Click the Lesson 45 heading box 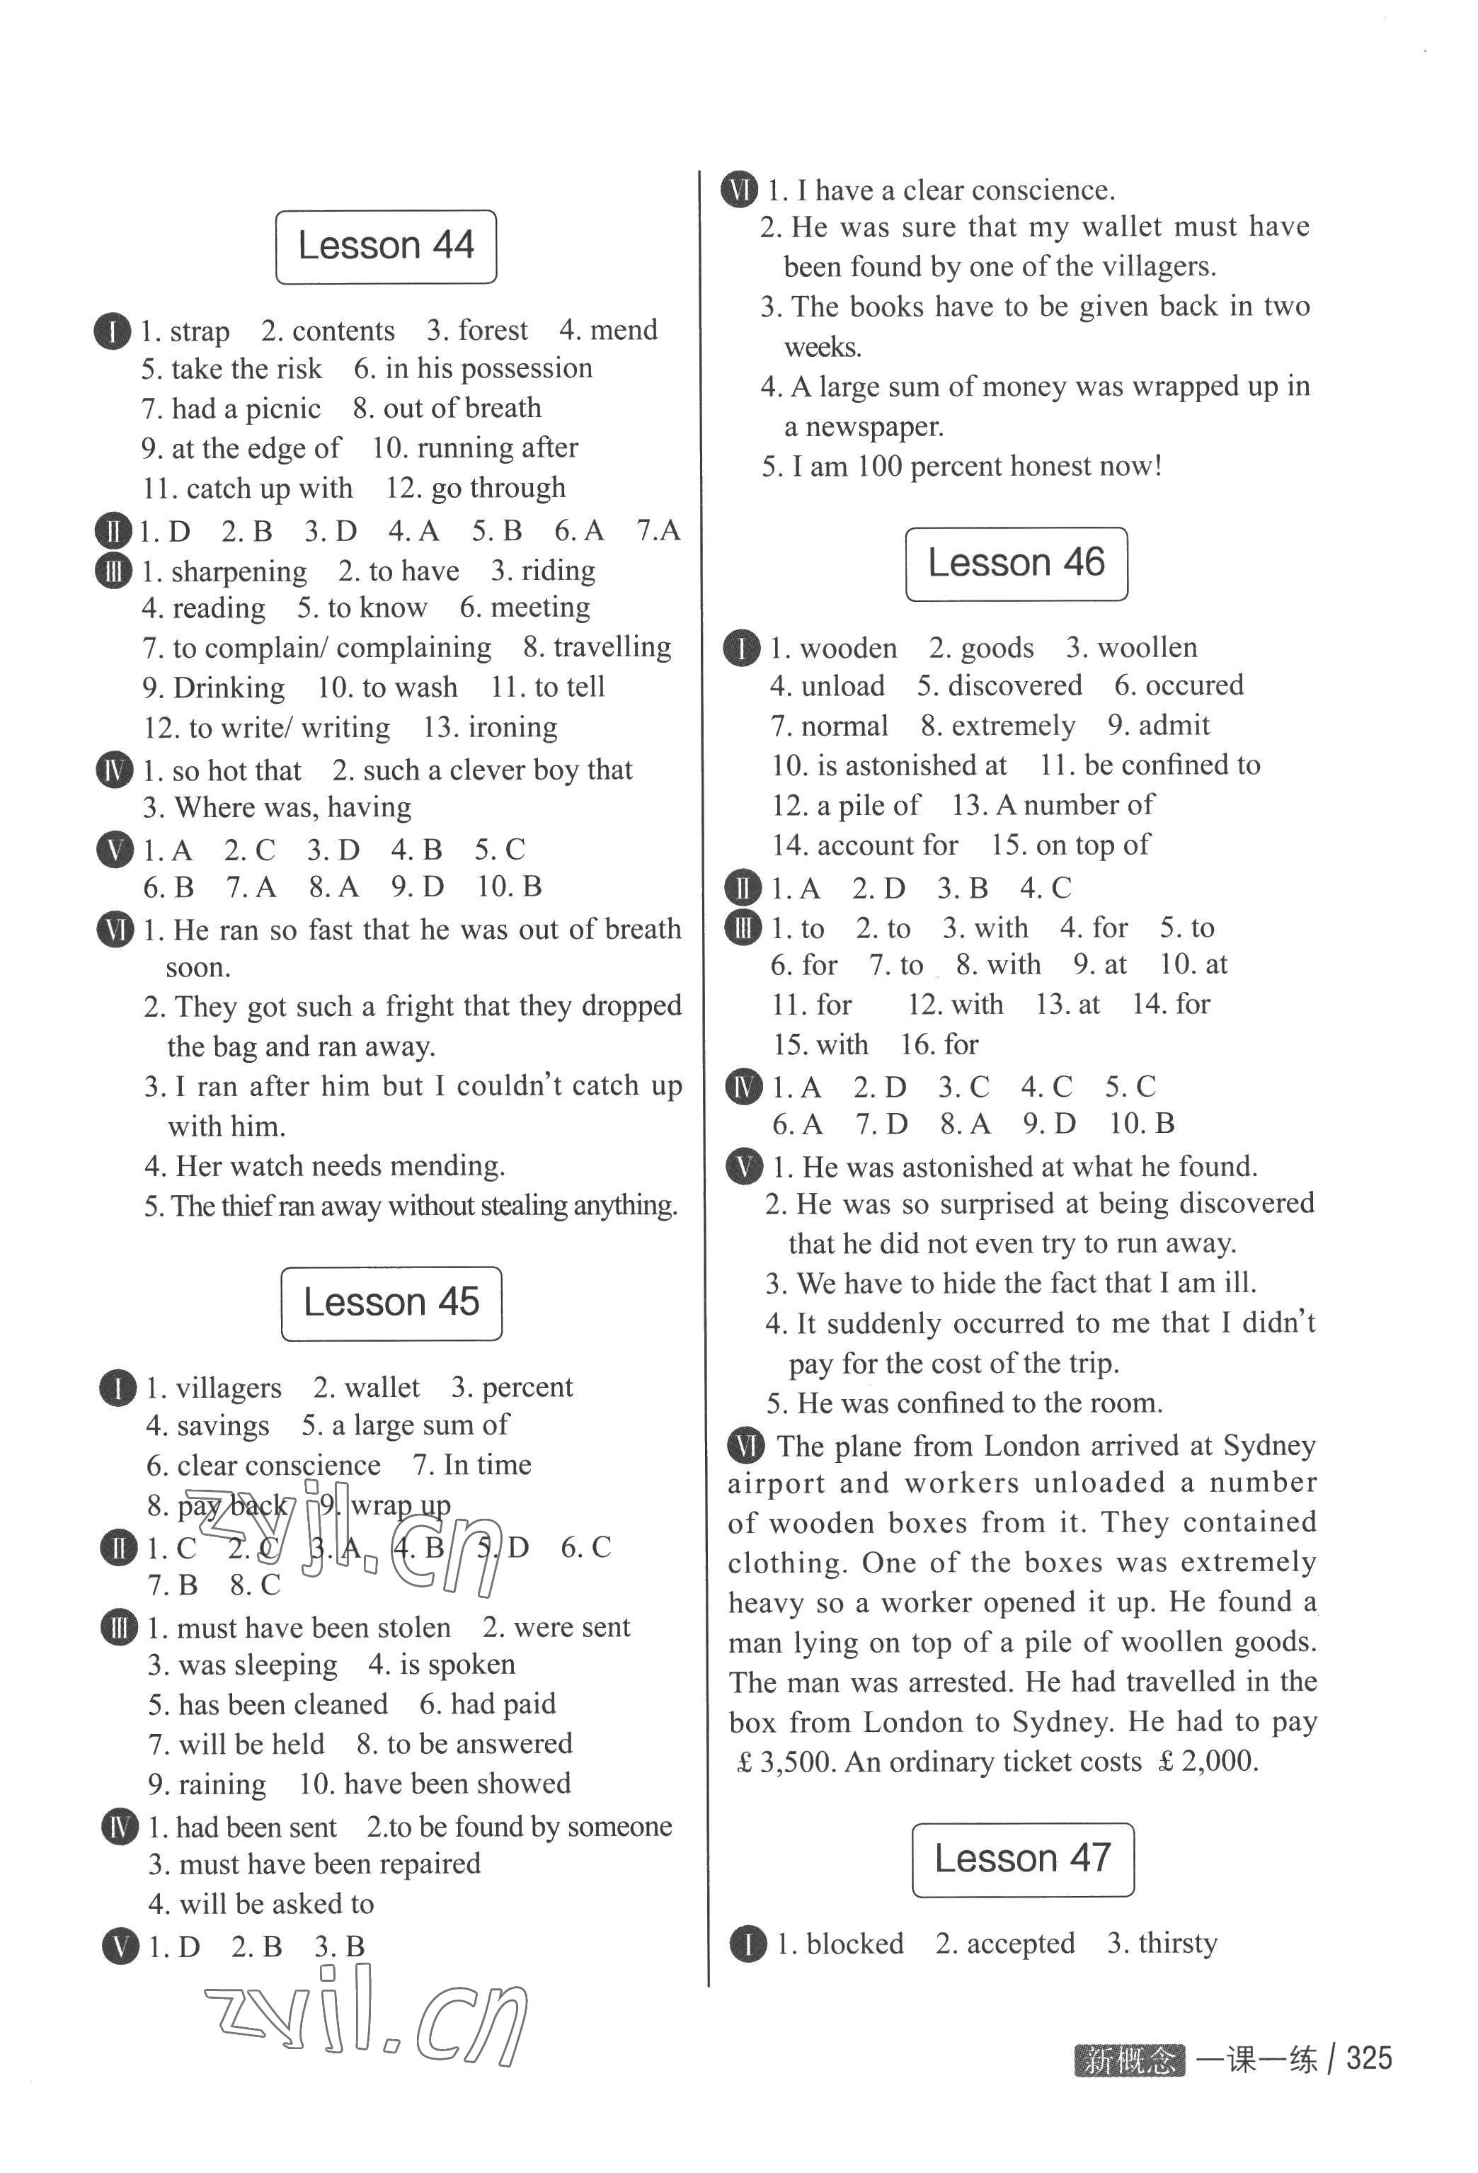click(391, 1303)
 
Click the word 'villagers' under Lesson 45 click(228, 1388)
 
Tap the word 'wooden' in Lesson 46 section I click(848, 648)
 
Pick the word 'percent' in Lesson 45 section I click(527, 1388)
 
